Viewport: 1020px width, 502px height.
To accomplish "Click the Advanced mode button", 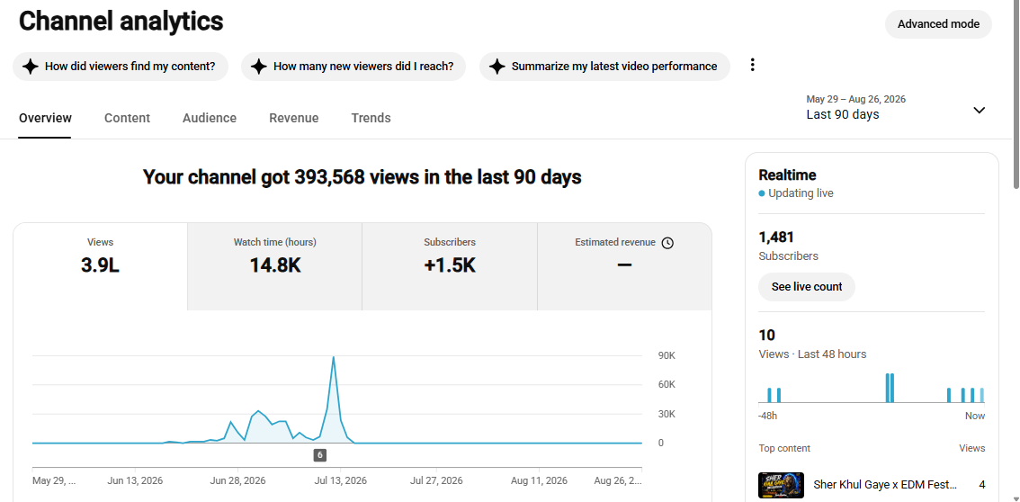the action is tap(938, 24).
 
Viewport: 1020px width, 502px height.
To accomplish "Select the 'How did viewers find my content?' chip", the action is tap(121, 67).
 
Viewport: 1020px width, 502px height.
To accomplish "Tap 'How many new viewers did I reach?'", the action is tap(353, 67).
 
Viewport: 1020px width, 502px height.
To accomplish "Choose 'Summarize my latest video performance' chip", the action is tap(604, 67).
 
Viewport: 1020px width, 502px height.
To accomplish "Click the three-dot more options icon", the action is tap(753, 65).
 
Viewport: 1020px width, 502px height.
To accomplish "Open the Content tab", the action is tap(127, 118).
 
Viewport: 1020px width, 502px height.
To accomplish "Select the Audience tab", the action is tap(210, 118).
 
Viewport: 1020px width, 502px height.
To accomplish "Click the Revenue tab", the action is tap(294, 118).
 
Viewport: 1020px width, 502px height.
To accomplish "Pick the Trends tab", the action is tap(371, 118).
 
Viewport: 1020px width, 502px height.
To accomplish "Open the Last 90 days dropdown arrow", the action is tap(979, 110).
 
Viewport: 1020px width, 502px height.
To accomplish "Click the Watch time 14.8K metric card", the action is tap(275, 266).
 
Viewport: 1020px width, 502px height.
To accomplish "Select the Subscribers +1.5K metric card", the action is tap(450, 266).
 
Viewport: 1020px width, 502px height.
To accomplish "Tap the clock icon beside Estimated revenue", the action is tap(667, 243).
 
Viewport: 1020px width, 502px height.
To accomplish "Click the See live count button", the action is tap(807, 287).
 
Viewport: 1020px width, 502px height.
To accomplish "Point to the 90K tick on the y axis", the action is tap(667, 355).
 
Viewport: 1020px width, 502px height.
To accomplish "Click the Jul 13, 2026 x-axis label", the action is tap(340, 481).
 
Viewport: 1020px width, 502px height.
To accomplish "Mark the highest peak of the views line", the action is tap(334, 356).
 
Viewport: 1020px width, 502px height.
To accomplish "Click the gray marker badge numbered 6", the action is tap(320, 455).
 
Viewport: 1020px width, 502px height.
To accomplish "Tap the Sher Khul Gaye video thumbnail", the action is tap(782, 485).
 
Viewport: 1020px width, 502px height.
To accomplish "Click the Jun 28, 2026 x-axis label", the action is tap(238, 481).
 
